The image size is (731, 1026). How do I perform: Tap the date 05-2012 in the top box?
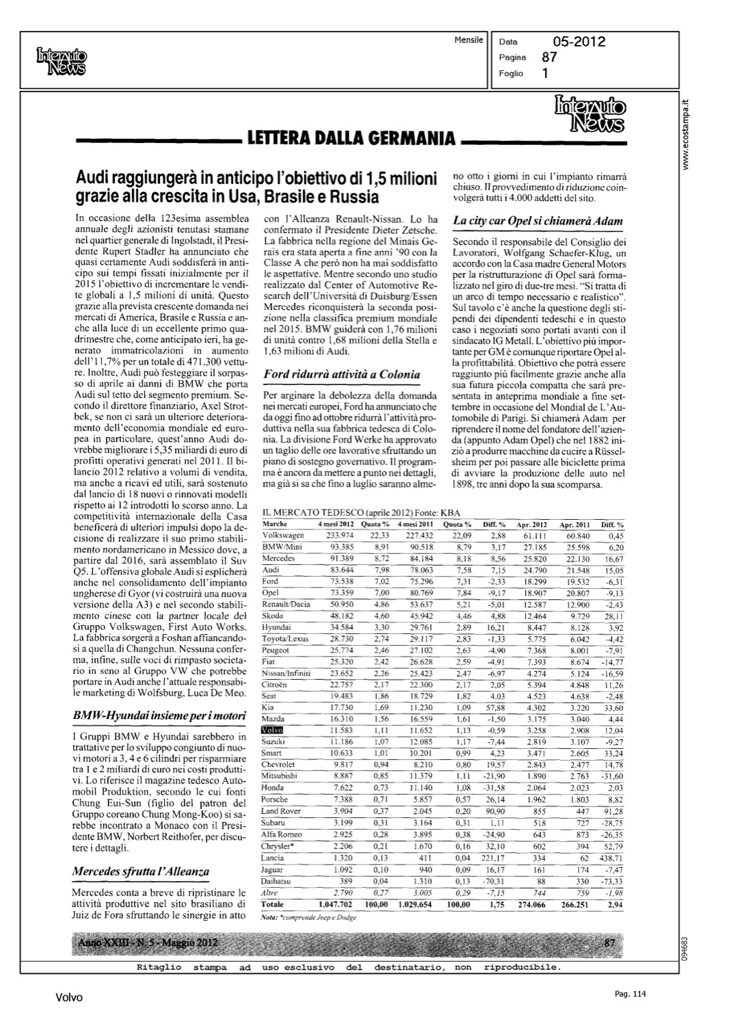[579, 42]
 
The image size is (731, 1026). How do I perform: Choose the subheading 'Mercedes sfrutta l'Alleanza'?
[140, 871]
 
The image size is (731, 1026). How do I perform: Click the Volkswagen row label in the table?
[283, 535]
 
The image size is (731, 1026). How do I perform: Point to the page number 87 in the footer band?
[611, 943]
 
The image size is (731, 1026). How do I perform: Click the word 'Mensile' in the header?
[468, 40]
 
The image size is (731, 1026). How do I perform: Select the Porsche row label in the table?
[275, 800]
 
